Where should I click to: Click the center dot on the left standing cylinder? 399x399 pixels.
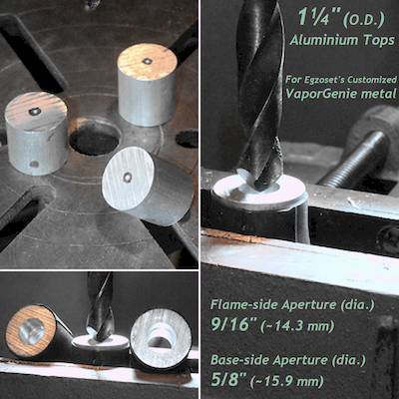[x=35, y=111]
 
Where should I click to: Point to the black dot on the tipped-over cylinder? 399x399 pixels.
[x=126, y=177]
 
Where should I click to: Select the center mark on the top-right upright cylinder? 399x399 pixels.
[x=147, y=62]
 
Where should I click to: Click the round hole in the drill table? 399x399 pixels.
[x=95, y=139]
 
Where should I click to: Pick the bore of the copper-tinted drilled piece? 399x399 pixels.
[x=34, y=333]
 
